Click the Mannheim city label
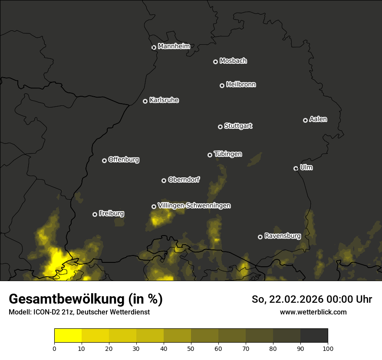pos(174,46)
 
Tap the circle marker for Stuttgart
pos(220,127)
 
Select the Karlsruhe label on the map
pos(164,100)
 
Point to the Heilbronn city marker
pos(222,85)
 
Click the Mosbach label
pos(233,61)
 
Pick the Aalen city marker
pos(305,120)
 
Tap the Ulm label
pos(306,167)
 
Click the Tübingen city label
pos(228,154)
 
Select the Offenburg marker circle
pos(104,160)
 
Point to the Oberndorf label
pos(184,180)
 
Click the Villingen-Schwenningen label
pos(194,206)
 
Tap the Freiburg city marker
pos(95,214)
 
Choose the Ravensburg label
pos(282,236)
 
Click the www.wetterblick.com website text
pos(313,312)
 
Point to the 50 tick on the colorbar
pos(191,348)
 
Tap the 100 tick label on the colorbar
pos(328,348)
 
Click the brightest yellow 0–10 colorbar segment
pos(68,336)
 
